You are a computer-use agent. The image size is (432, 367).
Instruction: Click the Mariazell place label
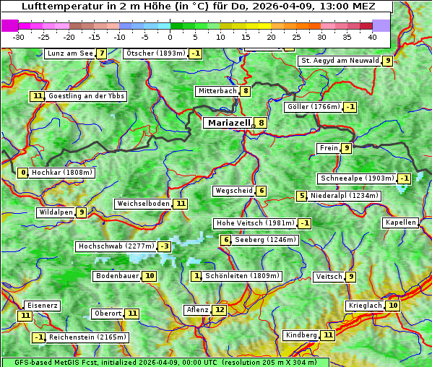click(x=228, y=123)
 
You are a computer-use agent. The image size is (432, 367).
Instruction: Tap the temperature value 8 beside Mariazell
click(x=260, y=123)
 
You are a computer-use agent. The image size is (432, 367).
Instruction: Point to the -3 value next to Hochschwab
click(x=165, y=246)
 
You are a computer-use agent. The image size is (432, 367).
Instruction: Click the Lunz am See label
click(x=69, y=53)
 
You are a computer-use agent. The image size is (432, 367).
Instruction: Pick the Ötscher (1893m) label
click(x=155, y=53)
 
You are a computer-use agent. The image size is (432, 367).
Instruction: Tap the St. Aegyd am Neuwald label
click(x=340, y=61)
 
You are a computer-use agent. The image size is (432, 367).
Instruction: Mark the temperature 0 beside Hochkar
click(x=23, y=173)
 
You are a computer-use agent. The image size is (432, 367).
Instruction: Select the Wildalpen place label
click(x=56, y=212)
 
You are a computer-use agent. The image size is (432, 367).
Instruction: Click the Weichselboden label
click(x=143, y=204)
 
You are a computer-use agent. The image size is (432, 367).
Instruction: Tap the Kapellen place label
click(x=400, y=223)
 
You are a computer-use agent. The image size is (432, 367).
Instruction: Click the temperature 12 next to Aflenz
click(x=220, y=310)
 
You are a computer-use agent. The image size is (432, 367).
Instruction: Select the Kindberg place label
click(x=301, y=335)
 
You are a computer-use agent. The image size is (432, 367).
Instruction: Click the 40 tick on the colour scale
click(x=372, y=37)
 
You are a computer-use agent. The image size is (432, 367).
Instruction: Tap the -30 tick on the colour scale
click(x=19, y=37)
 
